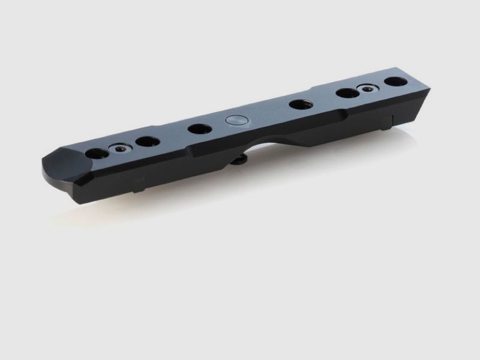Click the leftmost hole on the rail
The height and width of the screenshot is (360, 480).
click(97, 153)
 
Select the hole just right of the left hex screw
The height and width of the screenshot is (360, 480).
click(147, 142)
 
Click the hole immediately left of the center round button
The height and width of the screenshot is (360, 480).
click(197, 128)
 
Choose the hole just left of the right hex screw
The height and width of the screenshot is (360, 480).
click(346, 93)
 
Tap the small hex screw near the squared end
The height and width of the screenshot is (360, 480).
click(366, 89)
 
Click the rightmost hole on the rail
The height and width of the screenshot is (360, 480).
click(394, 82)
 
